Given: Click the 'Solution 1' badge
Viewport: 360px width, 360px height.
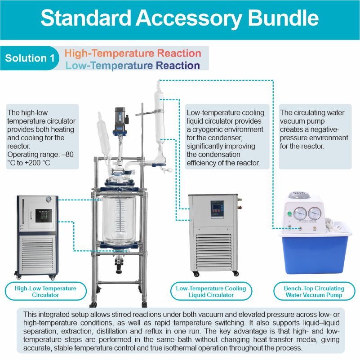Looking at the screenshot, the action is pos(29,58).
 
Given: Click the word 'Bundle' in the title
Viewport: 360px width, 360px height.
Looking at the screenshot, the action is pos(283,18).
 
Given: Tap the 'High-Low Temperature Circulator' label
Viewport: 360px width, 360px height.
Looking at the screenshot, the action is pos(45,291).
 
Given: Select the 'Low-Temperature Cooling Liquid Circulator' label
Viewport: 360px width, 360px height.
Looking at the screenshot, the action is pos(211,291).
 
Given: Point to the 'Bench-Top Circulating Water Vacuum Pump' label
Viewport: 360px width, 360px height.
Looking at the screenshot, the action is pos(314,291).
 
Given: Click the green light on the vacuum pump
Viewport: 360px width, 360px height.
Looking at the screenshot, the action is pos(289,213).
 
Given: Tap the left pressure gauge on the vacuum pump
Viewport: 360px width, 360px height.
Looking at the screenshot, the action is pos(300,213).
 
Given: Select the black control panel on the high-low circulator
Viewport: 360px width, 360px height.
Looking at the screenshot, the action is pos(44,216).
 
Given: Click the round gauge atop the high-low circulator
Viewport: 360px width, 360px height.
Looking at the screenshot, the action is pos(49,199).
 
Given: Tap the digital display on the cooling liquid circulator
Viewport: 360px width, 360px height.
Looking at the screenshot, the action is pos(217,207).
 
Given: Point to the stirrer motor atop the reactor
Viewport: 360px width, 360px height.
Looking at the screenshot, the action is pos(121,122).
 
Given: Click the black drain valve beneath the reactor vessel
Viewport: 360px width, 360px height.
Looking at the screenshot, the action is pos(119,266).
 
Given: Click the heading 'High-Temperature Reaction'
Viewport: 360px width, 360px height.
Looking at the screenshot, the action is pos(133,53).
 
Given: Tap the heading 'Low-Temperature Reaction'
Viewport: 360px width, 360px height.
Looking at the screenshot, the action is pos(133,66).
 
